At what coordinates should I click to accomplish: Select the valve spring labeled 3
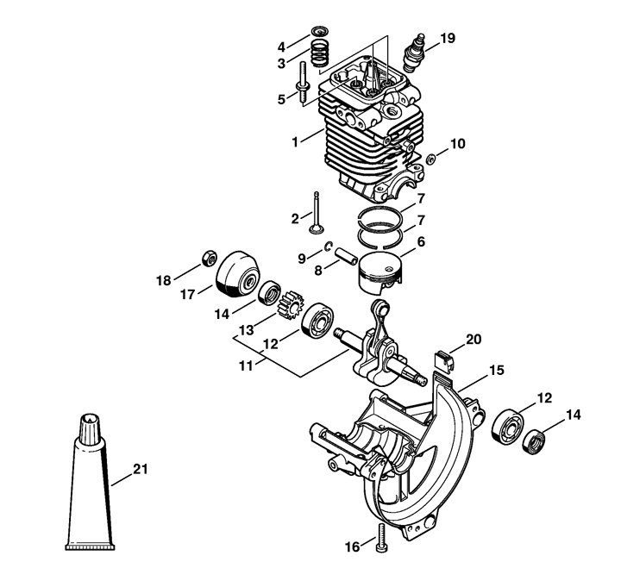(320, 53)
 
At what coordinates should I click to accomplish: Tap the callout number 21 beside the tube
(141, 470)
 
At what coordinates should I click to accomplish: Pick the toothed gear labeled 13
(291, 305)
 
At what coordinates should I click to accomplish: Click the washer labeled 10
(431, 159)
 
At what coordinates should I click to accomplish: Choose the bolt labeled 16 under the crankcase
(381, 537)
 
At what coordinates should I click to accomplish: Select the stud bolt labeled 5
(303, 83)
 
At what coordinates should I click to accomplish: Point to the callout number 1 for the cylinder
(295, 141)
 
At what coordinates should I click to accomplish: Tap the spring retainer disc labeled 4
(320, 31)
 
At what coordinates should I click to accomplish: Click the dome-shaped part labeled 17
(237, 273)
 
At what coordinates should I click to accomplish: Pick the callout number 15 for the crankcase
(497, 371)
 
